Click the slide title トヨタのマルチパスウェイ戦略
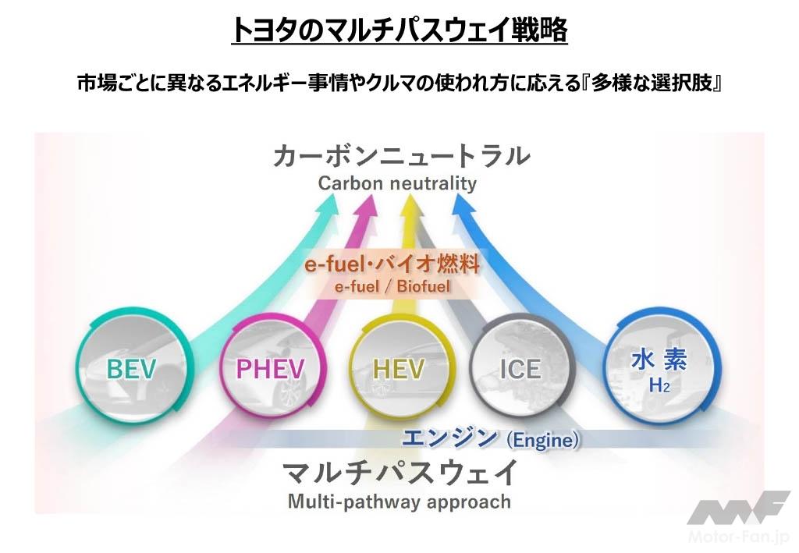(399, 30)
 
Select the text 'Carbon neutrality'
(397, 184)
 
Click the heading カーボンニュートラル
(401, 157)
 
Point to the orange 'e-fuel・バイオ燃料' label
(392, 264)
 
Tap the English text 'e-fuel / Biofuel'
(393, 287)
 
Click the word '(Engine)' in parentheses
(543, 441)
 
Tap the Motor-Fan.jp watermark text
(741, 538)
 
